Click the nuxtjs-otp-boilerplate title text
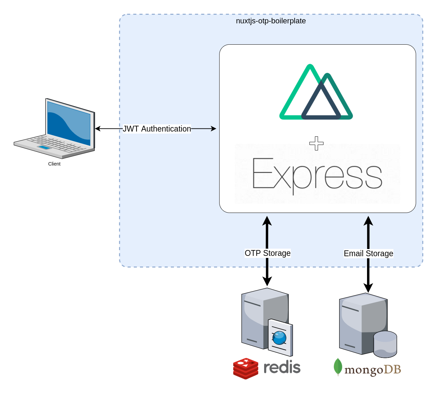[271, 21]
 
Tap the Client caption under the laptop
[54, 164]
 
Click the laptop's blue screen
[69, 124]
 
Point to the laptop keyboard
[55, 144]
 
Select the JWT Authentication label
[157, 129]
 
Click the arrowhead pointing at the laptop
[97, 129]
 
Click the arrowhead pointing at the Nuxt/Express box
[213, 129]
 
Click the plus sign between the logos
[316, 143]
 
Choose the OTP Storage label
[268, 253]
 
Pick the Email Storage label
[368, 253]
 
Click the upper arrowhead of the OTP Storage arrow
[267, 220]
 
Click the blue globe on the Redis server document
[279, 338]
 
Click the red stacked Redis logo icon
[246, 369]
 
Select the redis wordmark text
[282, 368]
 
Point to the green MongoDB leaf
[338, 367]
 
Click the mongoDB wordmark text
[373, 370]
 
